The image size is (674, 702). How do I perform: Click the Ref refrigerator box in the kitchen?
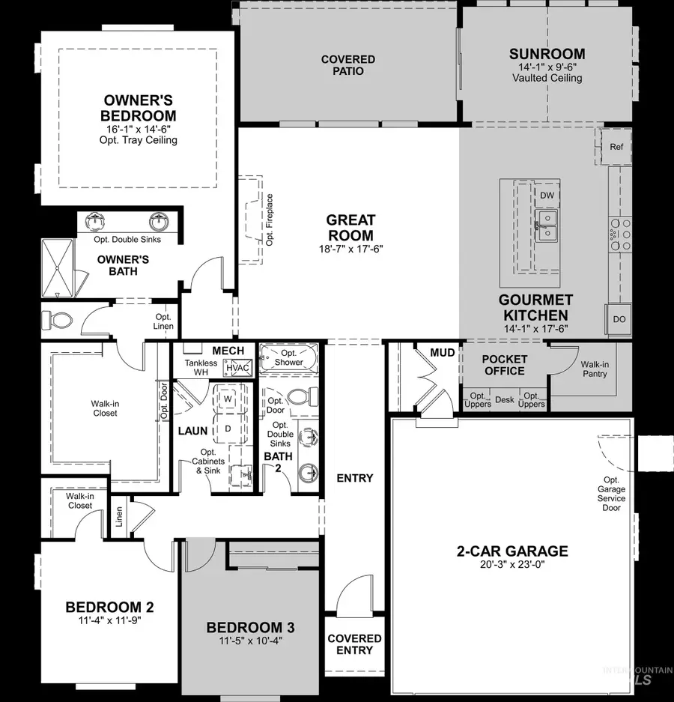coord(616,147)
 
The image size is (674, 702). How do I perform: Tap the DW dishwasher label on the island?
coord(547,196)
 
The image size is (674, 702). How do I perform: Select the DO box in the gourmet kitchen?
coord(619,319)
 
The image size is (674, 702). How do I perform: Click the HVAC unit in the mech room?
coord(239,368)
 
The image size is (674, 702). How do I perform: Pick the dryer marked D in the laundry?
coord(227,428)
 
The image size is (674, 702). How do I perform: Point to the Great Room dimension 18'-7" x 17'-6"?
coord(350,249)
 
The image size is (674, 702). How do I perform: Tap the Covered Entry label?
coord(354,644)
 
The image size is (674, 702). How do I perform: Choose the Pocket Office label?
coord(505,365)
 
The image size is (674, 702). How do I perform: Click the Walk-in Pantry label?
coord(594,369)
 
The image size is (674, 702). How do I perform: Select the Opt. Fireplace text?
coord(270,219)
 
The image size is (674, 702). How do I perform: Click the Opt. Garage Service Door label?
coord(612,494)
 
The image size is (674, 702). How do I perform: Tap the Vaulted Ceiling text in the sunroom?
coord(547,78)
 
